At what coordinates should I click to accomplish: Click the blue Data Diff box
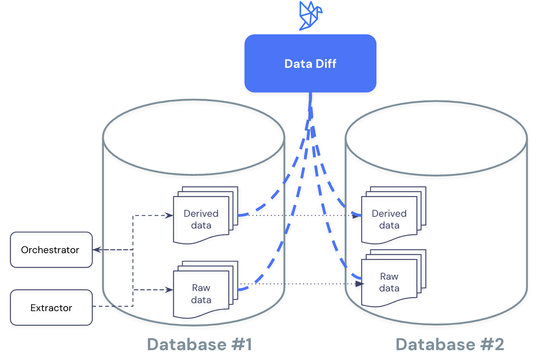point(310,63)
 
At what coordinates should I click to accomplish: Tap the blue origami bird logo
point(310,16)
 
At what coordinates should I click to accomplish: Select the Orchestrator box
point(51,250)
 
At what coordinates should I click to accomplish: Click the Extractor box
point(51,307)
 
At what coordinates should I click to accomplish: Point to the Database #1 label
point(199,344)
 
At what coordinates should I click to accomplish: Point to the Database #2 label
point(450,344)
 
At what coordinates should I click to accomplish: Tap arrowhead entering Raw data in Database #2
point(359,284)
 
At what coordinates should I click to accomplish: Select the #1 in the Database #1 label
point(241,344)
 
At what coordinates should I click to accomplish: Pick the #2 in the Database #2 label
point(492,344)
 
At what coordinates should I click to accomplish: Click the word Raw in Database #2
point(389,276)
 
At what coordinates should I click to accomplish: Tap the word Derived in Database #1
point(201,213)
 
